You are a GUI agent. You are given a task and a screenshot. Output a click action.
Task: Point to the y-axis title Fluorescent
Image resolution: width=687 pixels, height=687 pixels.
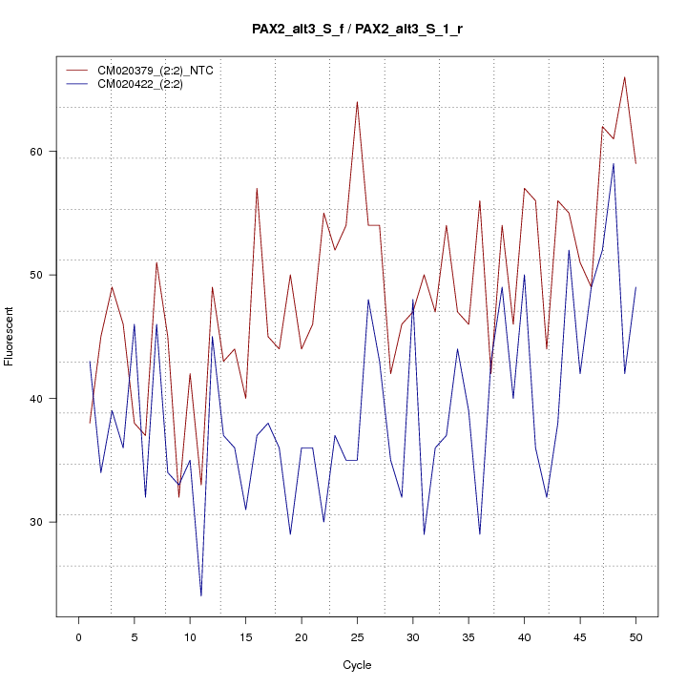click(x=10, y=336)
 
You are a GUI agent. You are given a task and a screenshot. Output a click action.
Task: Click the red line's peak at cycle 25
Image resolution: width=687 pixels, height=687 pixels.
click(x=357, y=102)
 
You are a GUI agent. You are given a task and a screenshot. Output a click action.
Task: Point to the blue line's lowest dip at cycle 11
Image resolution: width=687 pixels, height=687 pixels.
click(x=201, y=595)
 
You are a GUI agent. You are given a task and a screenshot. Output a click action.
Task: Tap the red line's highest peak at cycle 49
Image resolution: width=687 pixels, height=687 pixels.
click(x=624, y=77)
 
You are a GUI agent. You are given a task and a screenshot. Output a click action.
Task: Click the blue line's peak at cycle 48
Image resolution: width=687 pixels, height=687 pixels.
click(x=614, y=163)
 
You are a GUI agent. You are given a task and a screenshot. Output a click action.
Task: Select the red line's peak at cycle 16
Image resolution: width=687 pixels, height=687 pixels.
click(x=257, y=189)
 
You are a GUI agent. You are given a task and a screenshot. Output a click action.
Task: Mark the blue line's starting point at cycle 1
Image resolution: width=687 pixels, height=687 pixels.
click(x=90, y=361)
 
